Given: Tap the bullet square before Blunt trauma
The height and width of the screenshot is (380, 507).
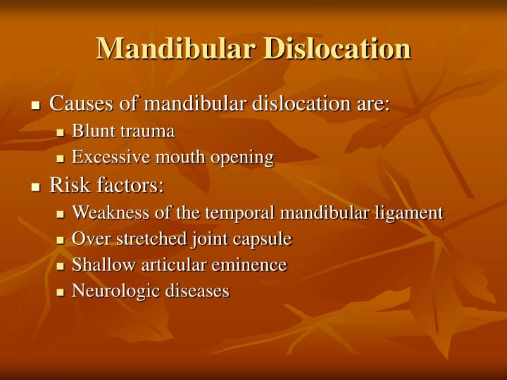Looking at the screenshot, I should pos(61,132).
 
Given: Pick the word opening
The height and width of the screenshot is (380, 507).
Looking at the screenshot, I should pos(242,158).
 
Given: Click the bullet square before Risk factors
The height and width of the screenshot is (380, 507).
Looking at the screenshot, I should pos(37,187).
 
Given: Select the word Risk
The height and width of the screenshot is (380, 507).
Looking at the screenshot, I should pos(65,186).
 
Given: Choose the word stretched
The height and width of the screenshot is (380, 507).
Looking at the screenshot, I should pos(146,239).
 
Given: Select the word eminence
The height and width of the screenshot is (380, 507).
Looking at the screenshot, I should pos(252,265).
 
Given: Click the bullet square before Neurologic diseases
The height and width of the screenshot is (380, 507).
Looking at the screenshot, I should pos(61,291).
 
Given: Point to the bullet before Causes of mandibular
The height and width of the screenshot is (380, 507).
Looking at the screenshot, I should pos(37,106).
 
